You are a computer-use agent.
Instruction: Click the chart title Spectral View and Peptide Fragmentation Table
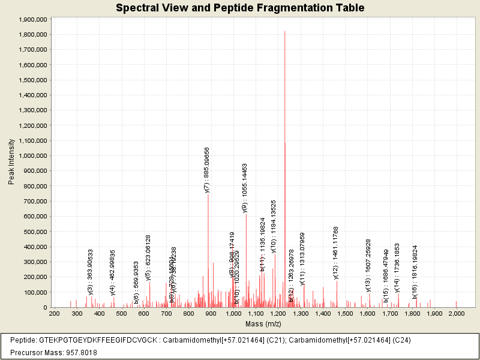(x=240, y=8)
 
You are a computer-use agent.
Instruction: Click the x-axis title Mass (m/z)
(x=263, y=324)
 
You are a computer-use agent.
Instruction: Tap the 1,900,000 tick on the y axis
(x=30, y=19)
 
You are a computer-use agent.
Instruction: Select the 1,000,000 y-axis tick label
(x=30, y=156)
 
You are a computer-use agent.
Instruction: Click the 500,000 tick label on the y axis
(x=34, y=232)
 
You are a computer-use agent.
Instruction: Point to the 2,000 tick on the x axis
(x=456, y=313)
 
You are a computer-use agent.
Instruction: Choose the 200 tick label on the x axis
(x=54, y=313)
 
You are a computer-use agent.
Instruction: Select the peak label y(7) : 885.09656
(x=207, y=170)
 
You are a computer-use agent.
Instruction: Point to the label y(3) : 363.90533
(x=91, y=272)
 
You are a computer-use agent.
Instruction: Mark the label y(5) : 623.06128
(x=148, y=258)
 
